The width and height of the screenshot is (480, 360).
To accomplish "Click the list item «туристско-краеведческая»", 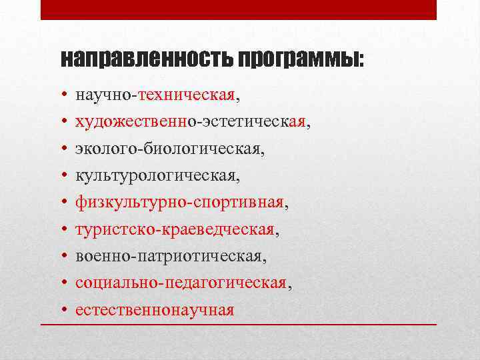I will [x=177, y=229].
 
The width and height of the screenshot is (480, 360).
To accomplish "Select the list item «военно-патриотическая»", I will [x=171, y=256].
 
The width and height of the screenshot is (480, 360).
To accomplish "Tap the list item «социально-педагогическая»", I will [x=182, y=283].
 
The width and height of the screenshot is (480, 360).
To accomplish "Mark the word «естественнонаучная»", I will [x=155, y=310].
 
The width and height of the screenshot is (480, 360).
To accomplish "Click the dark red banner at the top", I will [x=239, y=9].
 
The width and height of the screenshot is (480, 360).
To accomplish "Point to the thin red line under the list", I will [x=239, y=323].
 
